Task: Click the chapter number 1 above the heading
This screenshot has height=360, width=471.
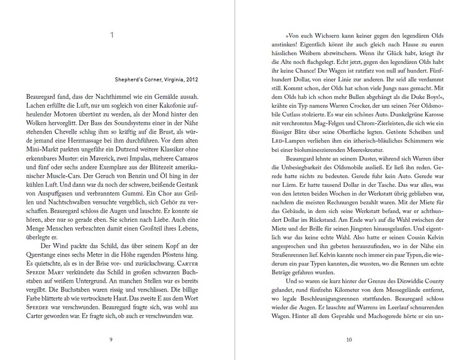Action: (x=112, y=35)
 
